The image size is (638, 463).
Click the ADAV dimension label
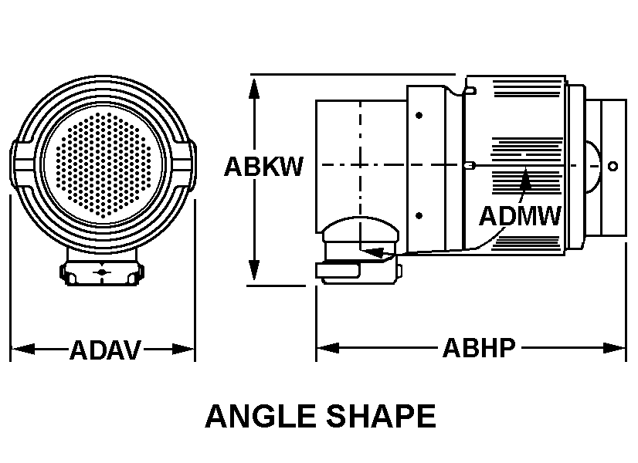[x=105, y=350]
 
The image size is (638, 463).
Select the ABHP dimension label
[x=479, y=348]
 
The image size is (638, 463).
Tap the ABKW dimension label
[x=263, y=166]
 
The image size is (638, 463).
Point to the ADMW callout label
[x=520, y=216]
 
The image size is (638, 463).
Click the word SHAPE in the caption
[x=382, y=416]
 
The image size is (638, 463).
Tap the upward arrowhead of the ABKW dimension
[x=254, y=89]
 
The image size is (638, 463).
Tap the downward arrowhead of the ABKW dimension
[x=254, y=270]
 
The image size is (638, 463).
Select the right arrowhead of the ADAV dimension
[x=183, y=350]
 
